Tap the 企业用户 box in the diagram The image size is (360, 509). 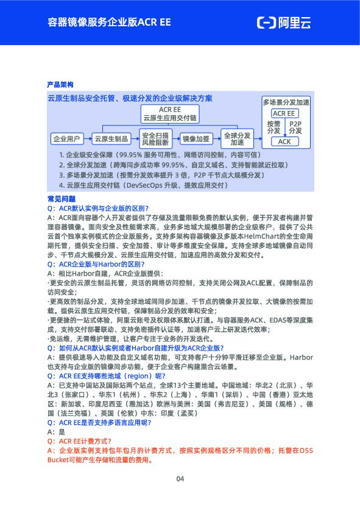pos(66,138)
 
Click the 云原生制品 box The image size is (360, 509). pos(111,138)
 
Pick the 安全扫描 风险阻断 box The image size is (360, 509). pos(155,138)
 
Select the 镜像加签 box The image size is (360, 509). pos(196,138)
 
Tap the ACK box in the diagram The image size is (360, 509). pos(284,141)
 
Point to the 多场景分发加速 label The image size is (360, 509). pos(286,102)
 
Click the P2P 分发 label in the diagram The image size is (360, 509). pos(295,127)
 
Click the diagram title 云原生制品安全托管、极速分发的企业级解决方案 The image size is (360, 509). pos(130,98)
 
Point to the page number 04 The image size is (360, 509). pos(180,479)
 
